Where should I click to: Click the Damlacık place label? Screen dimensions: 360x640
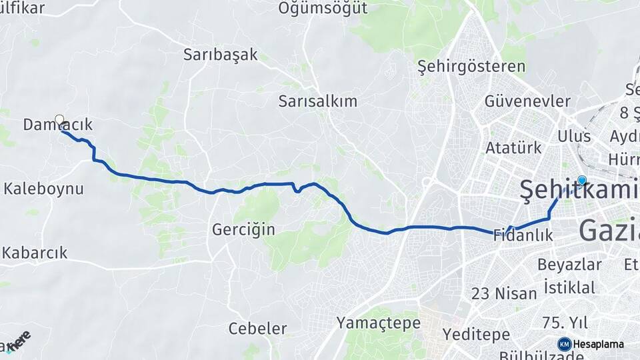click(57, 125)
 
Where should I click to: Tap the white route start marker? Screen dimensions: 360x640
click(59, 120)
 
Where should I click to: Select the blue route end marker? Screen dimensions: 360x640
click(582, 180)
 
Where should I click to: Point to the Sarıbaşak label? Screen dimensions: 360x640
click(220, 55)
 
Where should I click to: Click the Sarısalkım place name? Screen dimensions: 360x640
click(318, 101)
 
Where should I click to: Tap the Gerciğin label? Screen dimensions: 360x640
click(243, 229)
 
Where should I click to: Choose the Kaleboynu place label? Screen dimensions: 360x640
click(44, 189)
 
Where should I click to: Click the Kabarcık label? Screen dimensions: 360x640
click(35, 253)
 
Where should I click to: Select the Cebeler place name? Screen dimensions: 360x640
click(257, 329)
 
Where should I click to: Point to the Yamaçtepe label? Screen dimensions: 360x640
click(379, 323)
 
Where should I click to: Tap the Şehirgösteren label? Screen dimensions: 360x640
click(471, 67)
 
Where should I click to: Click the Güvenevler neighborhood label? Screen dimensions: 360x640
click(528, 101)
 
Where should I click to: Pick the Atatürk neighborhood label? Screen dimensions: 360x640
click(512, 147)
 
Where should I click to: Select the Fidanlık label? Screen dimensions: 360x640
click(524, 235)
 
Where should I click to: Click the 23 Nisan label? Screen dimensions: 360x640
click(504, 293)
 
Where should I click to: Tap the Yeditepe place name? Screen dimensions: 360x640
click(476, 334)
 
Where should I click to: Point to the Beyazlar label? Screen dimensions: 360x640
click(569, 264)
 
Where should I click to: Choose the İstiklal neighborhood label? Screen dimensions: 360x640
click(569, 287)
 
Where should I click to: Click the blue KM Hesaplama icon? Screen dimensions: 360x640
click(564, 344)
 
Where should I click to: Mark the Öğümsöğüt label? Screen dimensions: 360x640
click(323, 9)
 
